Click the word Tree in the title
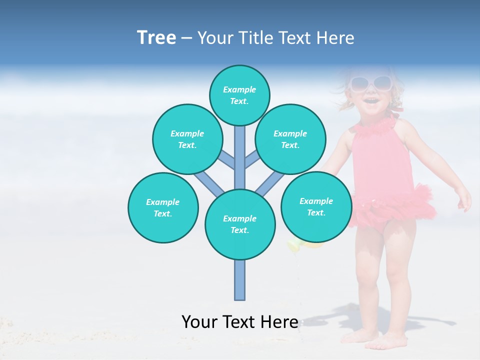156,38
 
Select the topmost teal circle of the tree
239,95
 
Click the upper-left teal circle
187,139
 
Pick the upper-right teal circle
290,139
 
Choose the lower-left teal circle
163,207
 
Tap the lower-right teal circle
316,206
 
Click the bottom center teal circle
239,224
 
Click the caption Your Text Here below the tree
239,322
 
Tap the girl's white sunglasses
370,83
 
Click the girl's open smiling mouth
370,101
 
